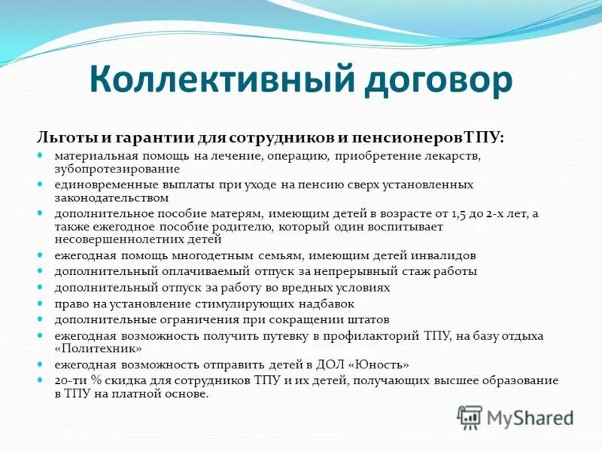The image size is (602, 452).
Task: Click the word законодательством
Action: pos(111,197)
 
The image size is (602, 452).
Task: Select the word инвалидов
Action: pos(441,255)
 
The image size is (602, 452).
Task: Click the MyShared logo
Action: pos(515,417)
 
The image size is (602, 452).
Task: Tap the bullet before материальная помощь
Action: pos(43,155)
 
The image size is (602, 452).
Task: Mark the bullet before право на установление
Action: pos(43,303)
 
